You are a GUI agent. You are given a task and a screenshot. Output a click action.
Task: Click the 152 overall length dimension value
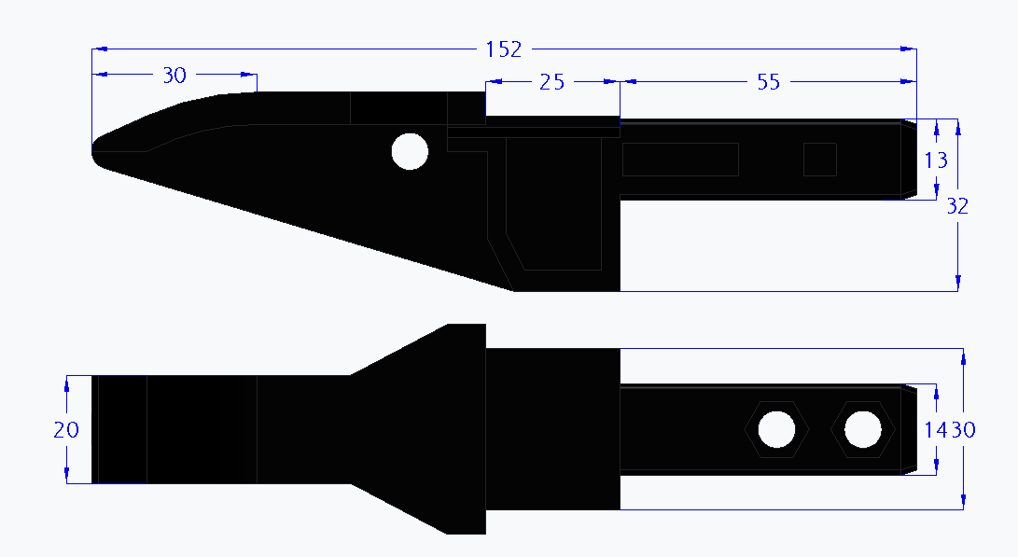coord(504,49)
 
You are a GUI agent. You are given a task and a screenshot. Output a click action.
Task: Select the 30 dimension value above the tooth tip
coord(174,76)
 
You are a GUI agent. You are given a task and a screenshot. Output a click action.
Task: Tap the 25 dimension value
coord(552,82)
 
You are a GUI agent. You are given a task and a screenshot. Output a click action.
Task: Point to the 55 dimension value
coord(768,82)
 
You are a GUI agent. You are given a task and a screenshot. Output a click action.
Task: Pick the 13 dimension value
coord(936,160)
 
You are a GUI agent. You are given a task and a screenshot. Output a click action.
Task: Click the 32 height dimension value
coord(957,206)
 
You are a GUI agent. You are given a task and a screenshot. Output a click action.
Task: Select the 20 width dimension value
coord(66,429)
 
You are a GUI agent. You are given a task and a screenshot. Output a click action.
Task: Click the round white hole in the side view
coord(410,151)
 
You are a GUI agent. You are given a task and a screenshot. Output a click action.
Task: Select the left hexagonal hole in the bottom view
coord(776,429)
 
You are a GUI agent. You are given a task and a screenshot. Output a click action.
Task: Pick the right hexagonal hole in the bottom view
coord(862,429)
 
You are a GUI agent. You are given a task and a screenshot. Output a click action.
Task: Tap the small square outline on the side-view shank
coord(820,160)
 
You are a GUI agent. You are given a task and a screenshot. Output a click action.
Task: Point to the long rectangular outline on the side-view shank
coord(680,160)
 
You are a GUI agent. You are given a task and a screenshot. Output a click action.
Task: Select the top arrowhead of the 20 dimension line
coord(66,383)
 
